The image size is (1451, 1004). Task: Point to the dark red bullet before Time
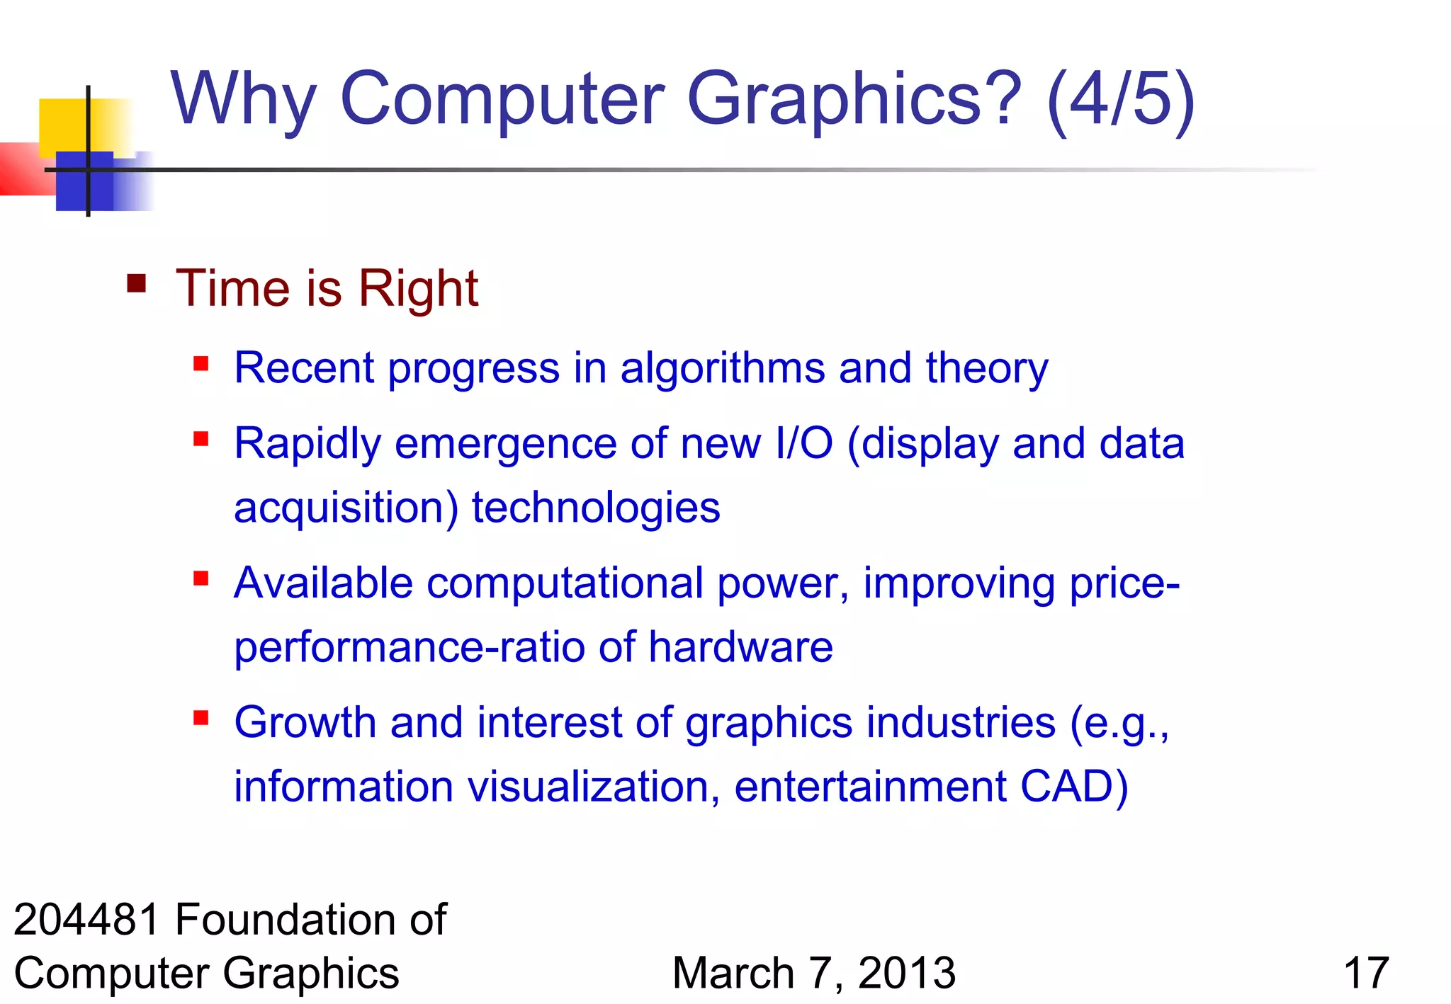click(137, 284)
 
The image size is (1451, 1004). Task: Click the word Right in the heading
click(418, 289)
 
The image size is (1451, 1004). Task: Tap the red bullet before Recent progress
click(201, 364)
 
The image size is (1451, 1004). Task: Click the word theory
click(986, 369)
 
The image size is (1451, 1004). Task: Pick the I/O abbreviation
click(803, 444)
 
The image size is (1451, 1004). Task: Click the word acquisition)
click(346, 508)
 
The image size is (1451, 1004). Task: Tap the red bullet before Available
click(201, 578)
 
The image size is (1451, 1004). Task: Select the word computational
click(565, 583)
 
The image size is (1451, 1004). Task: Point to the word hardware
click(740, 647)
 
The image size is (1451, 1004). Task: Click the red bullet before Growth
click(201, 719)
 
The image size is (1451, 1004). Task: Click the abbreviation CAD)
click(1073, 787)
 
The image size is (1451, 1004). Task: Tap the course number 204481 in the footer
click(86, 920)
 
